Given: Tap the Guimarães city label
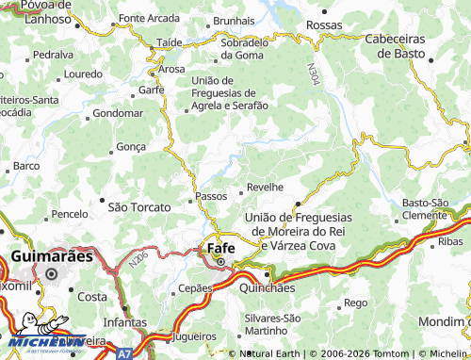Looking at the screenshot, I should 52,255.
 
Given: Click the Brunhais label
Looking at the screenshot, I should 235,20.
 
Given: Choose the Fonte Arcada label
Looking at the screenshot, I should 149,19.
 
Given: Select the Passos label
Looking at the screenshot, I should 211,196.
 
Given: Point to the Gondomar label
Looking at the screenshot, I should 118,113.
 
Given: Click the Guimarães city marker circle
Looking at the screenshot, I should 53,274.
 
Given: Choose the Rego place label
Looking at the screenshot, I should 355,303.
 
